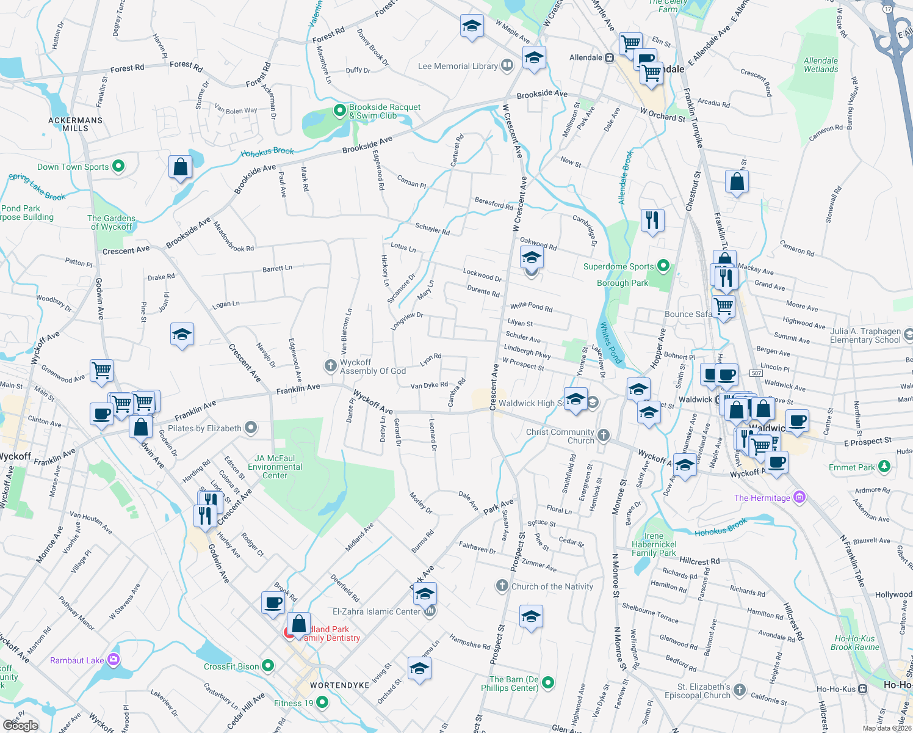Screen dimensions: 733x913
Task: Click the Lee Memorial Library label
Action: [x=458, y=66]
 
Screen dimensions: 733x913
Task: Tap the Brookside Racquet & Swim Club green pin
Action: [x=339, y=111]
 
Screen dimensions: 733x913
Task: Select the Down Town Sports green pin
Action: [x=119, y=166]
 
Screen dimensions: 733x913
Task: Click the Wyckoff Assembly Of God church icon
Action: [x=330, y=366]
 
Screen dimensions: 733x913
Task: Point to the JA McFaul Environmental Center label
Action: [x=275, y=467]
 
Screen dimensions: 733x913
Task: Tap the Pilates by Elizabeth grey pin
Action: [x=251, y=428]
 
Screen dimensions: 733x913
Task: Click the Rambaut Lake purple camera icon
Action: [x=113, y=660]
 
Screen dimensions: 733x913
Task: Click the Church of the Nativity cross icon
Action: [x=502, y=586]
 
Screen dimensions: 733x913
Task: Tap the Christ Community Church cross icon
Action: [x=603, y=435]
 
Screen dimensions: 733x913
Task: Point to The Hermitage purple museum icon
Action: [x=799, y=497]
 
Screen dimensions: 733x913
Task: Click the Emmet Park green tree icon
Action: [x=884, y=467]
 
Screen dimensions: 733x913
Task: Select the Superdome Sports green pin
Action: [x=663, y=266]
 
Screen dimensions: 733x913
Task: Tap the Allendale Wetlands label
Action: [x=820, y=65]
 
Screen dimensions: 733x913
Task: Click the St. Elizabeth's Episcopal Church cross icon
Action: [x=740, y=690]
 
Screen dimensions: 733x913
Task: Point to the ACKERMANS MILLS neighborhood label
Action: [x=76, y=124]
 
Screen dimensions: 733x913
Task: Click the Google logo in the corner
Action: [x=20, y=726]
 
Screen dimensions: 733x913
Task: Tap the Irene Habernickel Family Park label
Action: [x=654, y=544]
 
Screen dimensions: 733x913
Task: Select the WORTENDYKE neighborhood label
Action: [x=339, y=685]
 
